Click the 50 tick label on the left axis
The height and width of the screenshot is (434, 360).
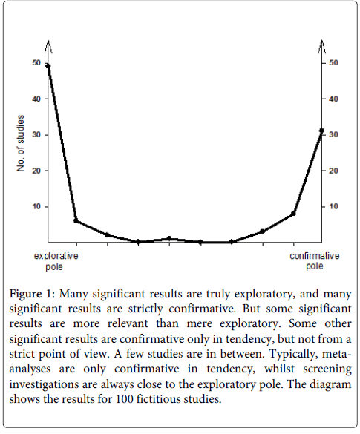point(36,63)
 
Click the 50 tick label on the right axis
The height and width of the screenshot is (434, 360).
point(333,63)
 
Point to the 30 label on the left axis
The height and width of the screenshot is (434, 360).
point(36,135)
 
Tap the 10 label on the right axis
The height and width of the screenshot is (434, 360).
point(333,206)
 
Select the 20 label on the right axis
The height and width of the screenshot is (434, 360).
point(333,171)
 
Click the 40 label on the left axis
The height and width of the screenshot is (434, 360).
point(36,99)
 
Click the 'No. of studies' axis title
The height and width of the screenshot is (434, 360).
point(21,143)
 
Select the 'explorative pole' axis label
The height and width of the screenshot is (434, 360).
point(56,261)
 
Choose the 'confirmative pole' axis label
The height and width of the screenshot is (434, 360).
point(314,261)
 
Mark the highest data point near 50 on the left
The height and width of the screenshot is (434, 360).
point(48,65)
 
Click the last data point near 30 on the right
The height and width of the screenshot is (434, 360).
point(321,131)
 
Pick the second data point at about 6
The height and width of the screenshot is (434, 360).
point(76,220)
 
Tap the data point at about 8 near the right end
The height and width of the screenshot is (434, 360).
point(293,214)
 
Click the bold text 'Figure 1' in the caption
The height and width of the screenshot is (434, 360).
point(33,294)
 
